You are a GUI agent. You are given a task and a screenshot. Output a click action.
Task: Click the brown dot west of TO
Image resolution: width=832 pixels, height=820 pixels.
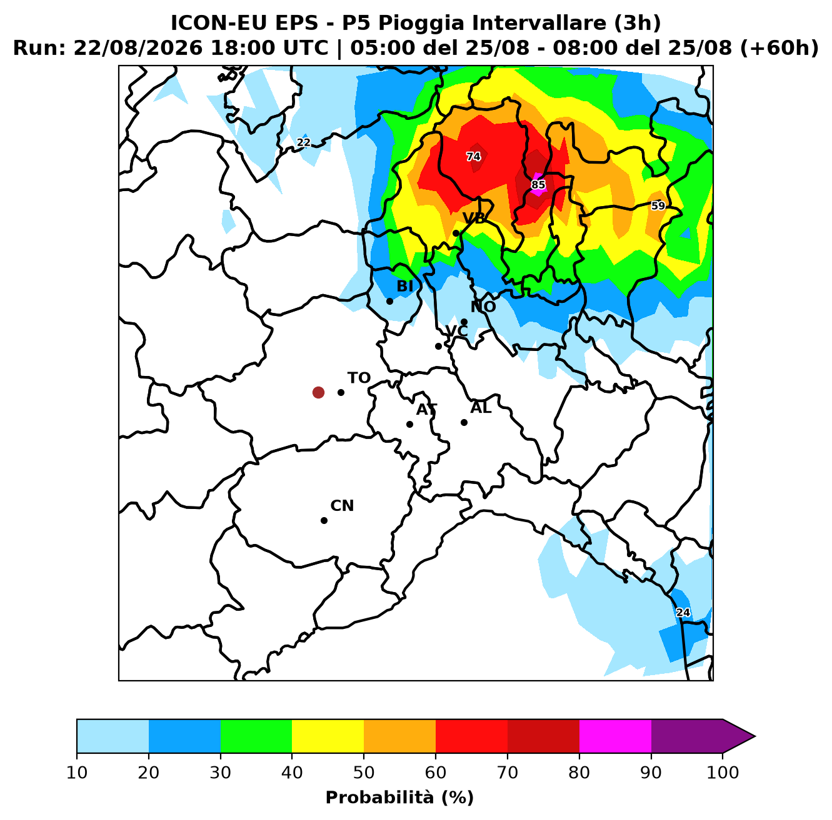pos(318,392)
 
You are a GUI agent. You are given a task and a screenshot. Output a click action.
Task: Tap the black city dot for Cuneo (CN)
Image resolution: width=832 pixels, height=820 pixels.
pos(324,520)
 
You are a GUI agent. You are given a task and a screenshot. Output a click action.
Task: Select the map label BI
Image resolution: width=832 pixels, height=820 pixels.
pos(404,286)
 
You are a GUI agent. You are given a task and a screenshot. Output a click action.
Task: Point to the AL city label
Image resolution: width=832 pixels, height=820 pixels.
pos(481,407)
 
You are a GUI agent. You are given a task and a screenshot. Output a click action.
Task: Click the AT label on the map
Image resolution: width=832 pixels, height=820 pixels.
pos(426,410)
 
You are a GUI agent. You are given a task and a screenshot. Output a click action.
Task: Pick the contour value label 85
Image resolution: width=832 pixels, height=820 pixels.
pos(538,185)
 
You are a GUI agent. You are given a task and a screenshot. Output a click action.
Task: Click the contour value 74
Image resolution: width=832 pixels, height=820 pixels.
pos(473,156)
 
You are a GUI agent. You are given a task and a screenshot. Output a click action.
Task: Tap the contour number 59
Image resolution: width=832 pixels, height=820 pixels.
pos(658,206)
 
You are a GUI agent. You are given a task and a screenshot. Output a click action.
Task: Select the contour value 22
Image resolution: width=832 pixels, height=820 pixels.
pos(304,142)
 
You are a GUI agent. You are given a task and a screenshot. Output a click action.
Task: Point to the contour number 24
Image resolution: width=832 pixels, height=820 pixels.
pos(683,613)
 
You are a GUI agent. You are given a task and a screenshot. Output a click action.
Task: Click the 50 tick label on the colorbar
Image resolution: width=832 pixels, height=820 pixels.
pos(364,772)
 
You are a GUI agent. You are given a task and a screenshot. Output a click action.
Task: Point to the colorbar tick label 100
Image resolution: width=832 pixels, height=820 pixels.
pos(723,772)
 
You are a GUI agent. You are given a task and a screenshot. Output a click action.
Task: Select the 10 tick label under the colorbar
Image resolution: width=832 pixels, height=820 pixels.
pos(77,772)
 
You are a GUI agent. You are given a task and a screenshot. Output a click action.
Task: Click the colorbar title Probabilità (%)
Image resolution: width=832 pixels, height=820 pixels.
pos(399,798)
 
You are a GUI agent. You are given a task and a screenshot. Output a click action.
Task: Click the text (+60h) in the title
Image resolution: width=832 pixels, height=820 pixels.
pos(779,48)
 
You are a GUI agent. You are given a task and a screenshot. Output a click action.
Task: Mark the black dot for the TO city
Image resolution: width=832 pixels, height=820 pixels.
pos(341,392)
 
